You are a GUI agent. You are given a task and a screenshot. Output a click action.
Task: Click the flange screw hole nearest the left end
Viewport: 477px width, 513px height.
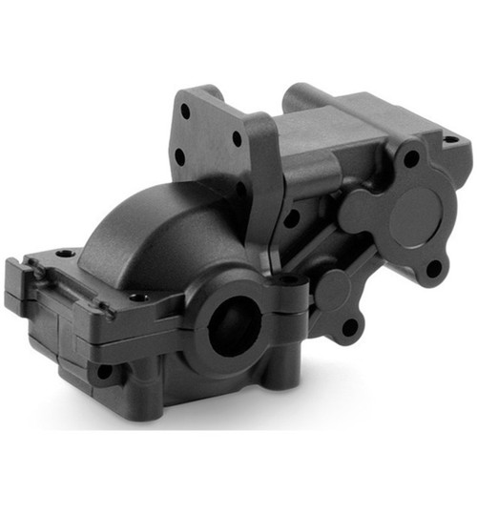(64, 254)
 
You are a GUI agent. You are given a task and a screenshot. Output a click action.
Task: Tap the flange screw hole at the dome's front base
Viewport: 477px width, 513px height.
(140, 298)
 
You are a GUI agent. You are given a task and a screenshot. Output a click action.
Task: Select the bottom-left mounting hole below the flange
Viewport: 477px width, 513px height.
(103, 370)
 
